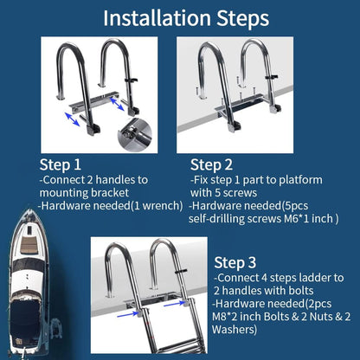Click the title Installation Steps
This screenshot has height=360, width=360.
click(186, 18)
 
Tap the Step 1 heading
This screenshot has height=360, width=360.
click(61, 165)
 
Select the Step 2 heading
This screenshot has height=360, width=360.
click(211, 165)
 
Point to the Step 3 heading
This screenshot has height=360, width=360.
click(235, 263)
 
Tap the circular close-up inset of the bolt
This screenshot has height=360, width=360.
click(135, 134)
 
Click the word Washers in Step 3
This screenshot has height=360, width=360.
click(234, 330)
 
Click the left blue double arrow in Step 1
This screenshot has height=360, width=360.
click(72, 119)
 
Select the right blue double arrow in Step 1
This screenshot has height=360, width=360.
click(117, 104)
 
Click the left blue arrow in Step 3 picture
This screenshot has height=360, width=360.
click(128, 314)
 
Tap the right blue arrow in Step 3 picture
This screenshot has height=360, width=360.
click(174, 303)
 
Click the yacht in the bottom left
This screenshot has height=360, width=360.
click(29, 283)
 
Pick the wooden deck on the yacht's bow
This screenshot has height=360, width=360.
click(29, 245)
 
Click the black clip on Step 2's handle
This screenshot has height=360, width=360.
click(271, 77)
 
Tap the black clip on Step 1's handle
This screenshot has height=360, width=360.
click(132, 80)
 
